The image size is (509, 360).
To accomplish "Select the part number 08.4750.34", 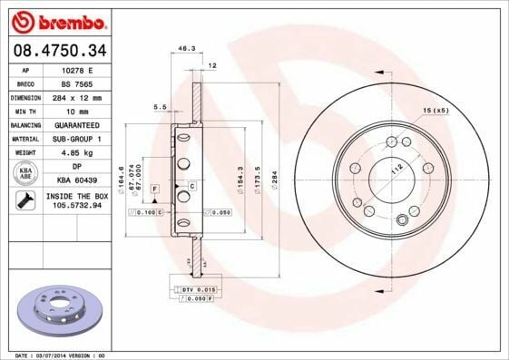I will tap(59, 49).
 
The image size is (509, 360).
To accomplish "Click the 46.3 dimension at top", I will tap(187, 48).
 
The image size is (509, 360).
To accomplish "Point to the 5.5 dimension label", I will tap(160, 107).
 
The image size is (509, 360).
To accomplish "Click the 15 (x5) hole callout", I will tap(435, 110).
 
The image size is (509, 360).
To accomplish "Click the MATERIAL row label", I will tap(25, 139).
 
